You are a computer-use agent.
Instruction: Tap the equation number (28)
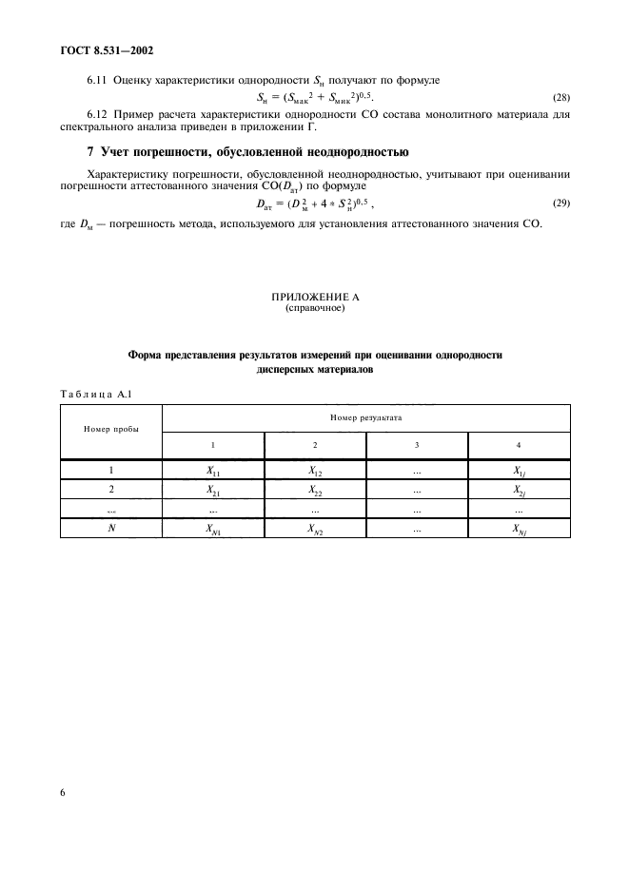click(561, 97)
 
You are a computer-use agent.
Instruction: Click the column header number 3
click(417, 444)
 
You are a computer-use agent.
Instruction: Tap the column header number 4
click(519, 444)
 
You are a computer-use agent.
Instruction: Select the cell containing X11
click(213, 470)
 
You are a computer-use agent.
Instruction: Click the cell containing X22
click(315, 491)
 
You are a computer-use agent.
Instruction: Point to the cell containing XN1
click(213, 531)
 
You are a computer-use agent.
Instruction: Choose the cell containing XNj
click(519, 531)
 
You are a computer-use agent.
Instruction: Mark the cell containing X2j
click(519, 491)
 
